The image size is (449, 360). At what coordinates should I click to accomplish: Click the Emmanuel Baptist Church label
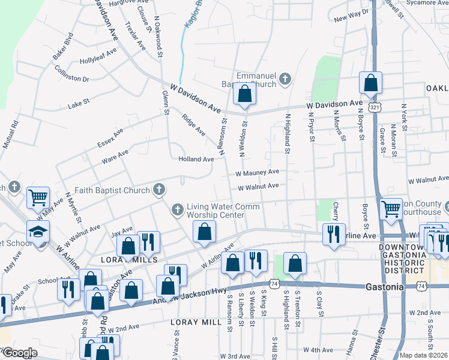255,80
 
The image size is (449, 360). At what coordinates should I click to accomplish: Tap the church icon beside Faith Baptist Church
158,190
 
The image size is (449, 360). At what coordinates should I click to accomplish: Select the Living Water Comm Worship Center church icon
177,210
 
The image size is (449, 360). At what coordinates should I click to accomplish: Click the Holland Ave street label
196,160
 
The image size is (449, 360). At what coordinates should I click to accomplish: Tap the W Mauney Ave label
257,173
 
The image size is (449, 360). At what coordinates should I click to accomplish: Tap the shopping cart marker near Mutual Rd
38,196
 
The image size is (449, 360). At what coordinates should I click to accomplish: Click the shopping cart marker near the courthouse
391,209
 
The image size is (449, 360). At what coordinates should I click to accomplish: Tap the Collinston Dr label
71,79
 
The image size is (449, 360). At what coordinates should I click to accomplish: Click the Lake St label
79,103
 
